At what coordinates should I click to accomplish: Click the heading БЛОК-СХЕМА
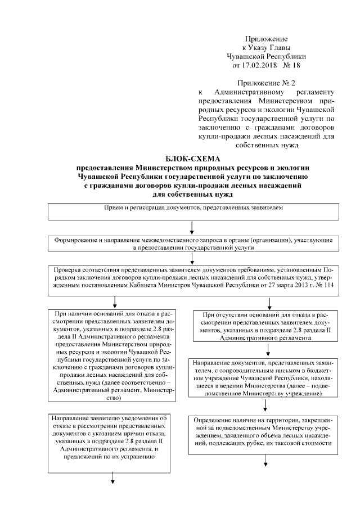click(x=193, y=159)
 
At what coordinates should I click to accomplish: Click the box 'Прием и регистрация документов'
click(x=193, y=210)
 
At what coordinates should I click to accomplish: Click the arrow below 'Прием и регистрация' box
click(x=193, y=227)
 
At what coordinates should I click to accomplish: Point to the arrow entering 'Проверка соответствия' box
click(x=193, y=259)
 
